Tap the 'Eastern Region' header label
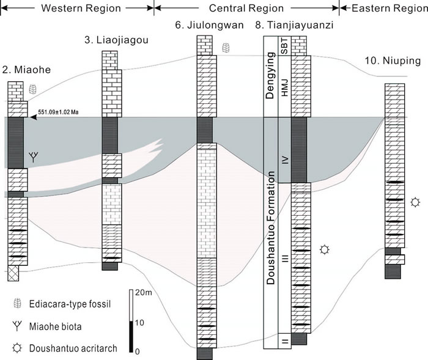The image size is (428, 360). pyautogui.click(x=384, y=8)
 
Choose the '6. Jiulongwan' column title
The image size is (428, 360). pyautogui.click(x=204, y=25)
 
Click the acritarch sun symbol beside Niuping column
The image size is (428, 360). pyautogui.click(x=416, y=201)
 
